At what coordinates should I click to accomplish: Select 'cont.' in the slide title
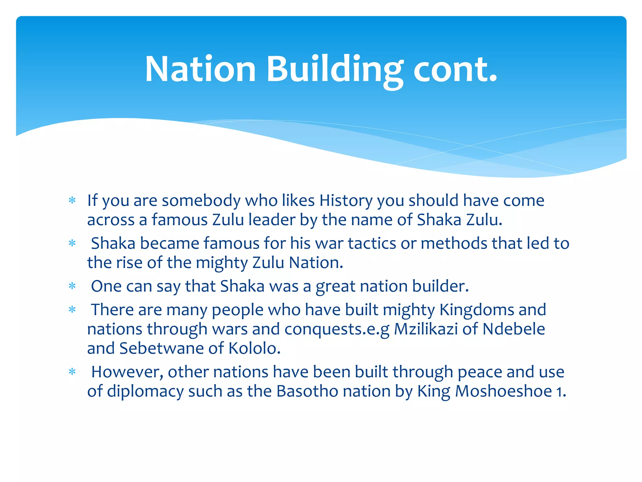point(455,70)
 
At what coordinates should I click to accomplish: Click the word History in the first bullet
point(346,201)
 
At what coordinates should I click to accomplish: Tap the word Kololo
point(254,348)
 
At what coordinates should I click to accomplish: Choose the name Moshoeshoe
point(503,391)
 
